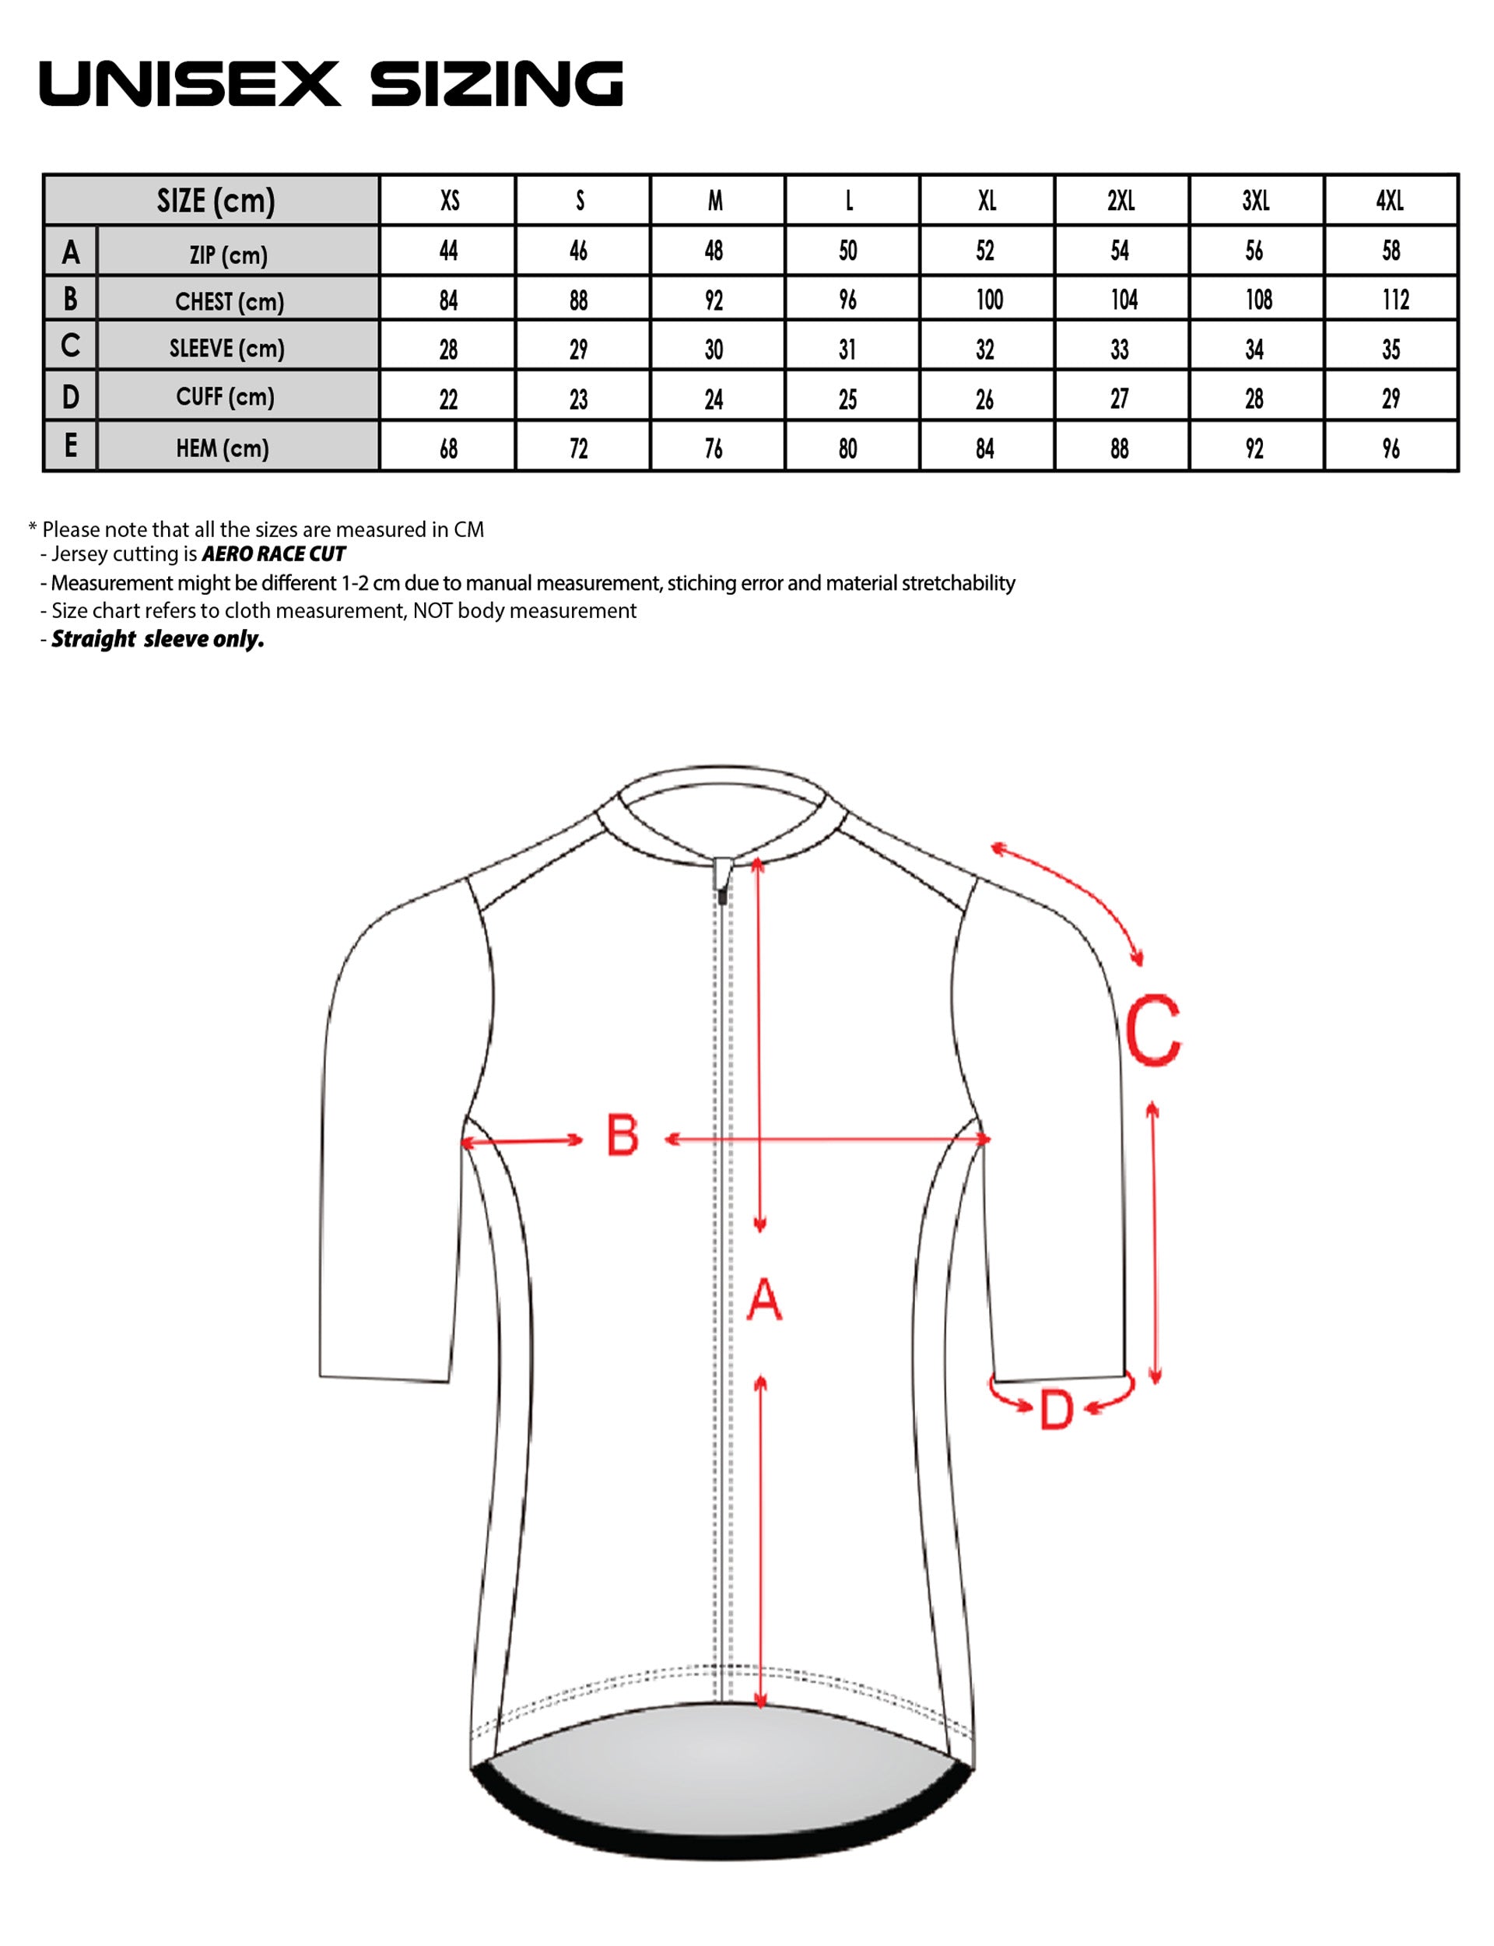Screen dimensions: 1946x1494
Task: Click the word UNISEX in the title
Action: coord(189,85)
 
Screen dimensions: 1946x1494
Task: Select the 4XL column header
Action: coord(1390,201)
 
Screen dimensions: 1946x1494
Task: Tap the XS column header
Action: coord(450,201)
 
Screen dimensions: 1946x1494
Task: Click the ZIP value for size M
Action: coord(714,251)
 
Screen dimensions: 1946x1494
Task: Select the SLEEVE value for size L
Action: coord(847,350)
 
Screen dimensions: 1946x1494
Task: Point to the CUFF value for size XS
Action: coord(448,399)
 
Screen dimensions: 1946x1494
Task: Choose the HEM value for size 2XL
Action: coord(1120,448)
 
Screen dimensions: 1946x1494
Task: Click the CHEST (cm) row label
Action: coord(230,302)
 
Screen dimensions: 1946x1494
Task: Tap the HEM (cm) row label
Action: coord(223,448)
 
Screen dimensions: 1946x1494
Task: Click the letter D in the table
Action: coord(70,398)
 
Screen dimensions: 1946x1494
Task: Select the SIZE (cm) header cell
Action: coord(216,201)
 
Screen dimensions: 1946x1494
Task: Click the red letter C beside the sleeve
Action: coord(1152,1031)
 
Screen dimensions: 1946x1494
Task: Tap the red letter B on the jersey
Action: coord(622,1135)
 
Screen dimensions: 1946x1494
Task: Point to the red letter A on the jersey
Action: coord(764,1299)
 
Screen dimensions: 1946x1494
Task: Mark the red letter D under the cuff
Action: coord(1057,1410)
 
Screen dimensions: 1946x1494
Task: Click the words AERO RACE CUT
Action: coord(274,554)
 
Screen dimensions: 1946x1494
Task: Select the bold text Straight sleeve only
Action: coord(157,638)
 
